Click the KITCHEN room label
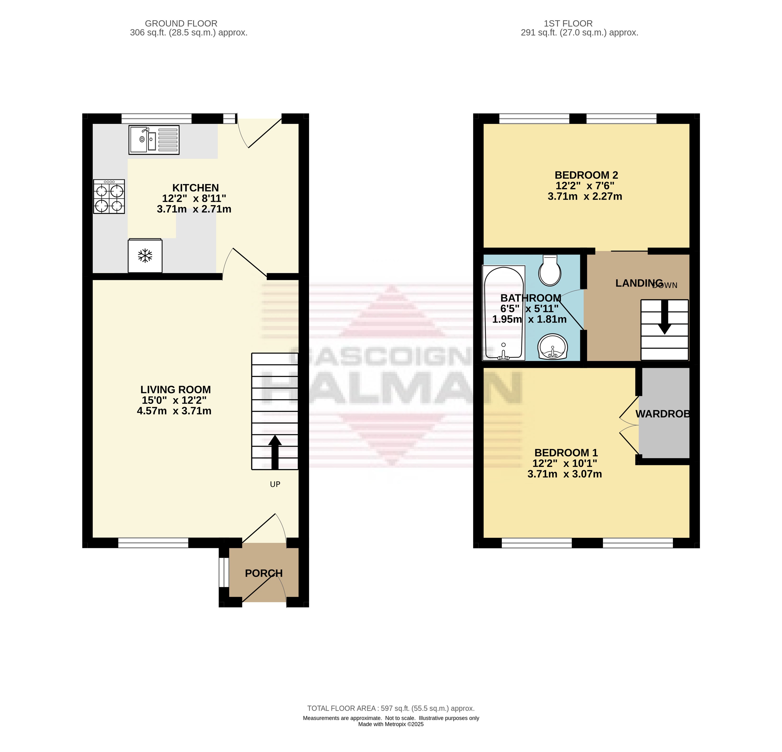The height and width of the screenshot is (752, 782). [x=195, y=187]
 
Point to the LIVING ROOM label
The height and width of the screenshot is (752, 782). [x=176, y=389]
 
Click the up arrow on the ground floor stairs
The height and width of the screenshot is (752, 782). [x=275, y=451]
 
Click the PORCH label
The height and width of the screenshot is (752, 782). [x=264, y=573]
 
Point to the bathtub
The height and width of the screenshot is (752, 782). [x=504, y=313]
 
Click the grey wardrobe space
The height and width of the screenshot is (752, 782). [x=664, y=413]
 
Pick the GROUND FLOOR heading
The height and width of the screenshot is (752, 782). [x=181, y=23]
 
